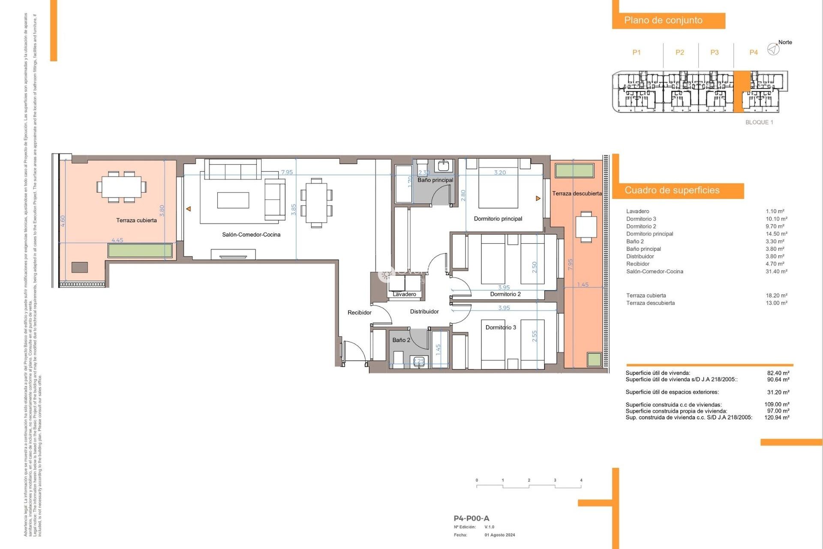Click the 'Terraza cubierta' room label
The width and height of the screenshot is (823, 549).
(136, 220)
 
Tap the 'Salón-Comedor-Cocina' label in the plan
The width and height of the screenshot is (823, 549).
(251, 235)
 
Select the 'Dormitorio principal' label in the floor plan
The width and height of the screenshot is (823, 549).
(498, 219)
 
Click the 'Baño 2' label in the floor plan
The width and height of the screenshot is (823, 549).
(401, 340)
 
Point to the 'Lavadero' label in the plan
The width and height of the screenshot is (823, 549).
(404, 294)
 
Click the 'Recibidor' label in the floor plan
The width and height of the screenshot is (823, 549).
(359, 313)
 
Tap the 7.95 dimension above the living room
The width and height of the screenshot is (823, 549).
(287, 172)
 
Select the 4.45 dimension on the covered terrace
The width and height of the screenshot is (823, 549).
(117, 240)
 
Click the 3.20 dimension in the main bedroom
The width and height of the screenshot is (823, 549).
(500, 173)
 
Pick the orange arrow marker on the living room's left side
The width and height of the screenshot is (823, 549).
(188, 209)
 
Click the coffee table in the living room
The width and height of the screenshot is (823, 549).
(233, 200)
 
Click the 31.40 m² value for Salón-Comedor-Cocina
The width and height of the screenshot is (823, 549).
(776, 271)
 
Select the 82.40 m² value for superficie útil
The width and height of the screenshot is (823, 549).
(778, 373)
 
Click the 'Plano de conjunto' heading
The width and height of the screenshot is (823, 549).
(663, 20)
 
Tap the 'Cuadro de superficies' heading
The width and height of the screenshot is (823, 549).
(672, 190)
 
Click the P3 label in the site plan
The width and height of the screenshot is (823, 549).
(714, 52)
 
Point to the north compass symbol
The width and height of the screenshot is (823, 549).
(773, 49)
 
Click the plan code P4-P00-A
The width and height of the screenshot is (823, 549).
(471, 519)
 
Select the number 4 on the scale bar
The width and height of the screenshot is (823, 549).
(581, 480)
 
